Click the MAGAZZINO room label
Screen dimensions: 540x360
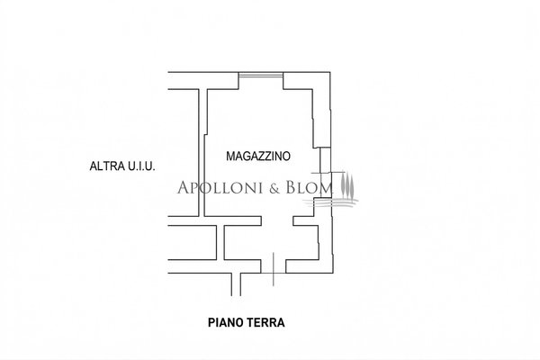[x=258, y=156]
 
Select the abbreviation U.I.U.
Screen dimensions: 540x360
[x=141, y=166]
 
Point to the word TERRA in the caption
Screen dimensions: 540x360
[x=266, y=323]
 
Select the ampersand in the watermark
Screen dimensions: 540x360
[x=274, y=188]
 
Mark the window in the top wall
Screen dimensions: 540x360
[x=261, y=75]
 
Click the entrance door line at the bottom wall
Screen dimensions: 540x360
[x=274, y=269]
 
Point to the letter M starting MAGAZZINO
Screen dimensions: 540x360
[x=229, y=156]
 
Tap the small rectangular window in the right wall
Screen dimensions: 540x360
[x=326, y=160]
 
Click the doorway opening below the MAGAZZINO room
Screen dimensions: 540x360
[x=277, y=220]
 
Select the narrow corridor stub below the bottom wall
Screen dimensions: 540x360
[x=236, y=284]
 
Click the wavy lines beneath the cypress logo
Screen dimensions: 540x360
[x=331, y=202]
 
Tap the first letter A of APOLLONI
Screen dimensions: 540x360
[x=184, y=188]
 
